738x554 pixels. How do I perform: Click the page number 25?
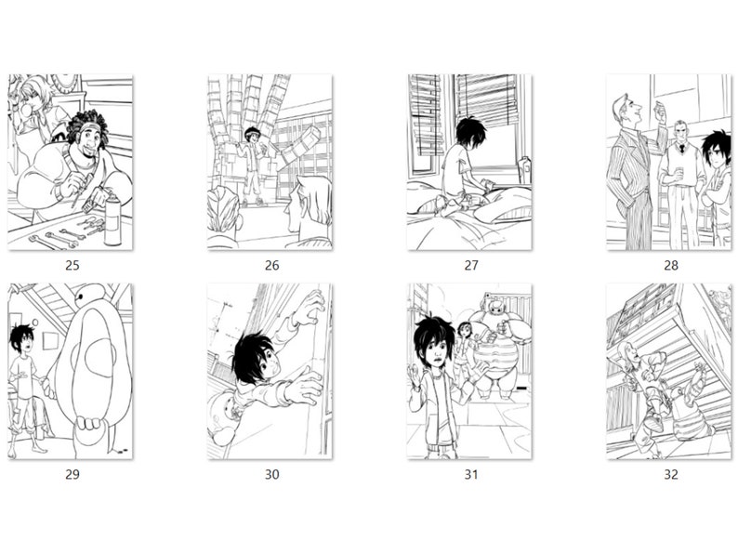[x=72, y=265]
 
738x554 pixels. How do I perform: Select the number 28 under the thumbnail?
[x=670, y=265]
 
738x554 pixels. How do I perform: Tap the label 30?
[x=271, y=474]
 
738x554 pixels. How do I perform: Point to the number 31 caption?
[x=471, y=474]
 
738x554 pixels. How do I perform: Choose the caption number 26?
[x=271, y=265]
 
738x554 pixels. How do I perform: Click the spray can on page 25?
[x=112, y=222]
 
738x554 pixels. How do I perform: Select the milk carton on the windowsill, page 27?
[x=522, y=170]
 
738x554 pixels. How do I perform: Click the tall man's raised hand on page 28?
[x=658, y=112]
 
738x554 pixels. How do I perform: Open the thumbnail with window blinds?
[x=469, y=162]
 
